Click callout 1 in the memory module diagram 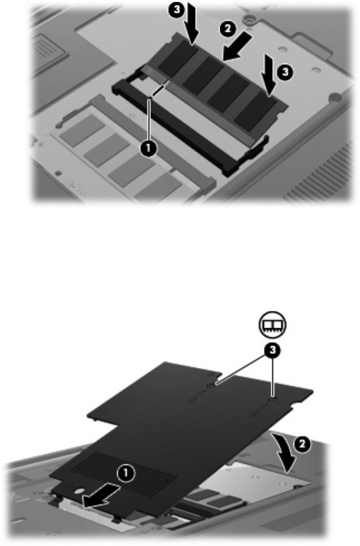point(149,149)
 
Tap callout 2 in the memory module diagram point(228,28)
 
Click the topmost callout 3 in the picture point(177,9)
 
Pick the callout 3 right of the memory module point(285,72)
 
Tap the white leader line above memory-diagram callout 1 point(149,120)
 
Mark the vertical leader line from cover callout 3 point(273,378)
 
